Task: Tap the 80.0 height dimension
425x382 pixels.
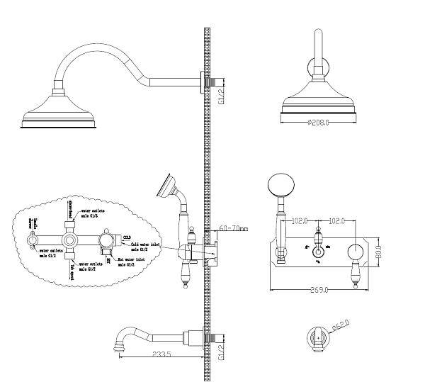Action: point(380,251)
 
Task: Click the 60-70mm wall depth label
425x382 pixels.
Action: point(233,228)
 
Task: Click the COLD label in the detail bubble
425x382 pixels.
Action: point(127,237)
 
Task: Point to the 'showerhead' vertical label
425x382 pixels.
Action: point(71,210)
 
